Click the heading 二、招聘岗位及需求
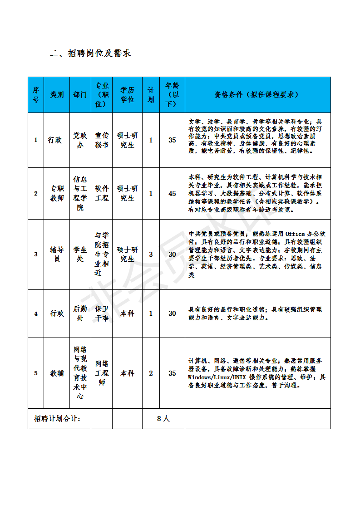(x=90, y=54)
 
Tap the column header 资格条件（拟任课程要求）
(x=257, y=95)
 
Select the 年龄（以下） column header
(x=172, y=94)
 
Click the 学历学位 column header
(x=127, y=95)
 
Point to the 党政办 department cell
(x=80, y=140)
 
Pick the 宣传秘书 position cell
(x=102, y=140)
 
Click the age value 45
(x=172, y=194)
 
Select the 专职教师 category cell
(x=57, y=194)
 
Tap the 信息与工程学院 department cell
(x=80, y=194)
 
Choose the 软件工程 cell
(x=102, y=194)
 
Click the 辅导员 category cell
(x=57, y=254)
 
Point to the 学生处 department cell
(x=80, y=254)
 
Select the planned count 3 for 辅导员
(x=151, y=254)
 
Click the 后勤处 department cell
(x=80, y=313)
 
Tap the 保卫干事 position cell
(x=102, y=313)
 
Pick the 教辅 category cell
(x=57, y=373)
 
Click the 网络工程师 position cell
(x=102, y=373)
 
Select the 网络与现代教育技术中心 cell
(x=80, y=373)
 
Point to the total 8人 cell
(x=163, y=419)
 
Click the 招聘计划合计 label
(x=57, y=419)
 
